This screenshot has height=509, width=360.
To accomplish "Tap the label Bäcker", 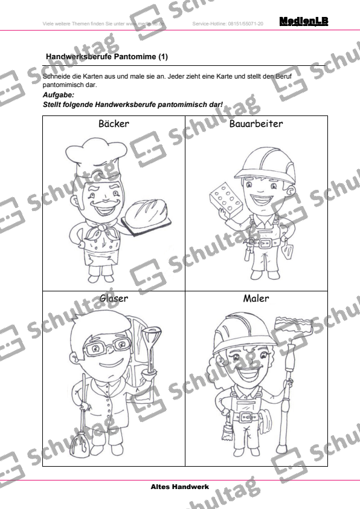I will click(114, 124).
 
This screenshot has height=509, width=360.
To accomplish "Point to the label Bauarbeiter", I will click(256, 124).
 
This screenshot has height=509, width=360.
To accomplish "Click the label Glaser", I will click(114, 298).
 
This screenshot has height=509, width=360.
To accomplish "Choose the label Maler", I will click(256, 298).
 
